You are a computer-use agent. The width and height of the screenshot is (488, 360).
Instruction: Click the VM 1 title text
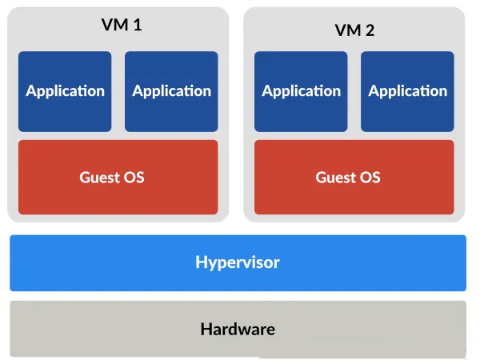pyautogui.click(x=122, y=25)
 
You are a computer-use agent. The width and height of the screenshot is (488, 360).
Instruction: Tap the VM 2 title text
pyautogui.click(x=354, y=30)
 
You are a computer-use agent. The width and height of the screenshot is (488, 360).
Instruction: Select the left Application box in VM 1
pyautogui.click(x=65, y=91)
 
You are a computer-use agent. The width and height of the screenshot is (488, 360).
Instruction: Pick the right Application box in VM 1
pyautogui.click(x=171, y=91)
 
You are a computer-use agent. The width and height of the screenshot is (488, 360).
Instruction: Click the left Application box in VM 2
pyautogui.click(x=301, y=91)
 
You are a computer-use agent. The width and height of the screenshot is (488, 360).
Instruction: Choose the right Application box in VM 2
pyautogui.click(x=407, y=91)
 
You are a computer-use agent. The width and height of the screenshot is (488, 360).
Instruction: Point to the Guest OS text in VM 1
pyautogui.click(x=112, y=178)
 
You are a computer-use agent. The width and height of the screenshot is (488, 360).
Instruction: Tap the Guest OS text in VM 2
pyautogui.click(x=348, y=178)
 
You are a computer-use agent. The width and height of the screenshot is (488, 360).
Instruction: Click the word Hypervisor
pyautogui.click(x=238, y=263)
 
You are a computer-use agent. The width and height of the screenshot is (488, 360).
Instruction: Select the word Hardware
pyautogui.click(x=238, y=329)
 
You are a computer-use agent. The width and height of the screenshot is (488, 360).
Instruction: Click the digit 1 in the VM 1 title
pyautogui.click(x=138, y=25)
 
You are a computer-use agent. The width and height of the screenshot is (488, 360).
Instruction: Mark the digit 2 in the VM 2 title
pyautogui.click(x=370, y=30)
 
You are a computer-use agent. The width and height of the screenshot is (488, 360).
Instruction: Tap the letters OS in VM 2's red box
pyautogui.click(x=370, y=178)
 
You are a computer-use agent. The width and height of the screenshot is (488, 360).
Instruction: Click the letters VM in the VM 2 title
pyautogui.click(x=348, y=30)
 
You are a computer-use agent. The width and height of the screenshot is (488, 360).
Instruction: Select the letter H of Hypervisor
pyautogui.click(x=201, y=262)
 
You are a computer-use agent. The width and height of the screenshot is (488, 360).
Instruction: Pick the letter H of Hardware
pyautogui.click(x=206, y=329)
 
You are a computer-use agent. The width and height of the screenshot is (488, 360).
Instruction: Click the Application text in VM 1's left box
pyautogui.click(x=66, y=91)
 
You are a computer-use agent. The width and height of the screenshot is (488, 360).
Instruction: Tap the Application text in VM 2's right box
pyautogui.click(x=408, y=91)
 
